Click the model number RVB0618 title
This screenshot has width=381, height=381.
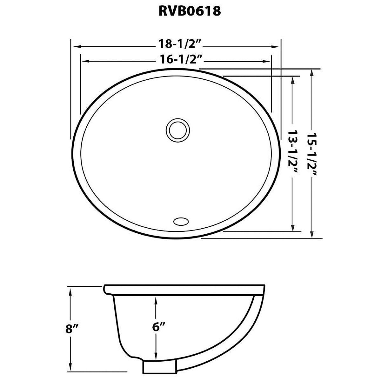[x=190, y=11]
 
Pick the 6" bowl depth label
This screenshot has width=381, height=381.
[x=157, y=327]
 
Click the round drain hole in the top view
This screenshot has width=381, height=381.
[x=178, y=130]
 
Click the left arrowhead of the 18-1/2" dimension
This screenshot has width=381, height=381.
[x=76, y=46]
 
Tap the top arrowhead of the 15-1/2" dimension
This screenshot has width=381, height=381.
[x=312, y=73]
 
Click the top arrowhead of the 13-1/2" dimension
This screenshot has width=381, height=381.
[x=293, y=80]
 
